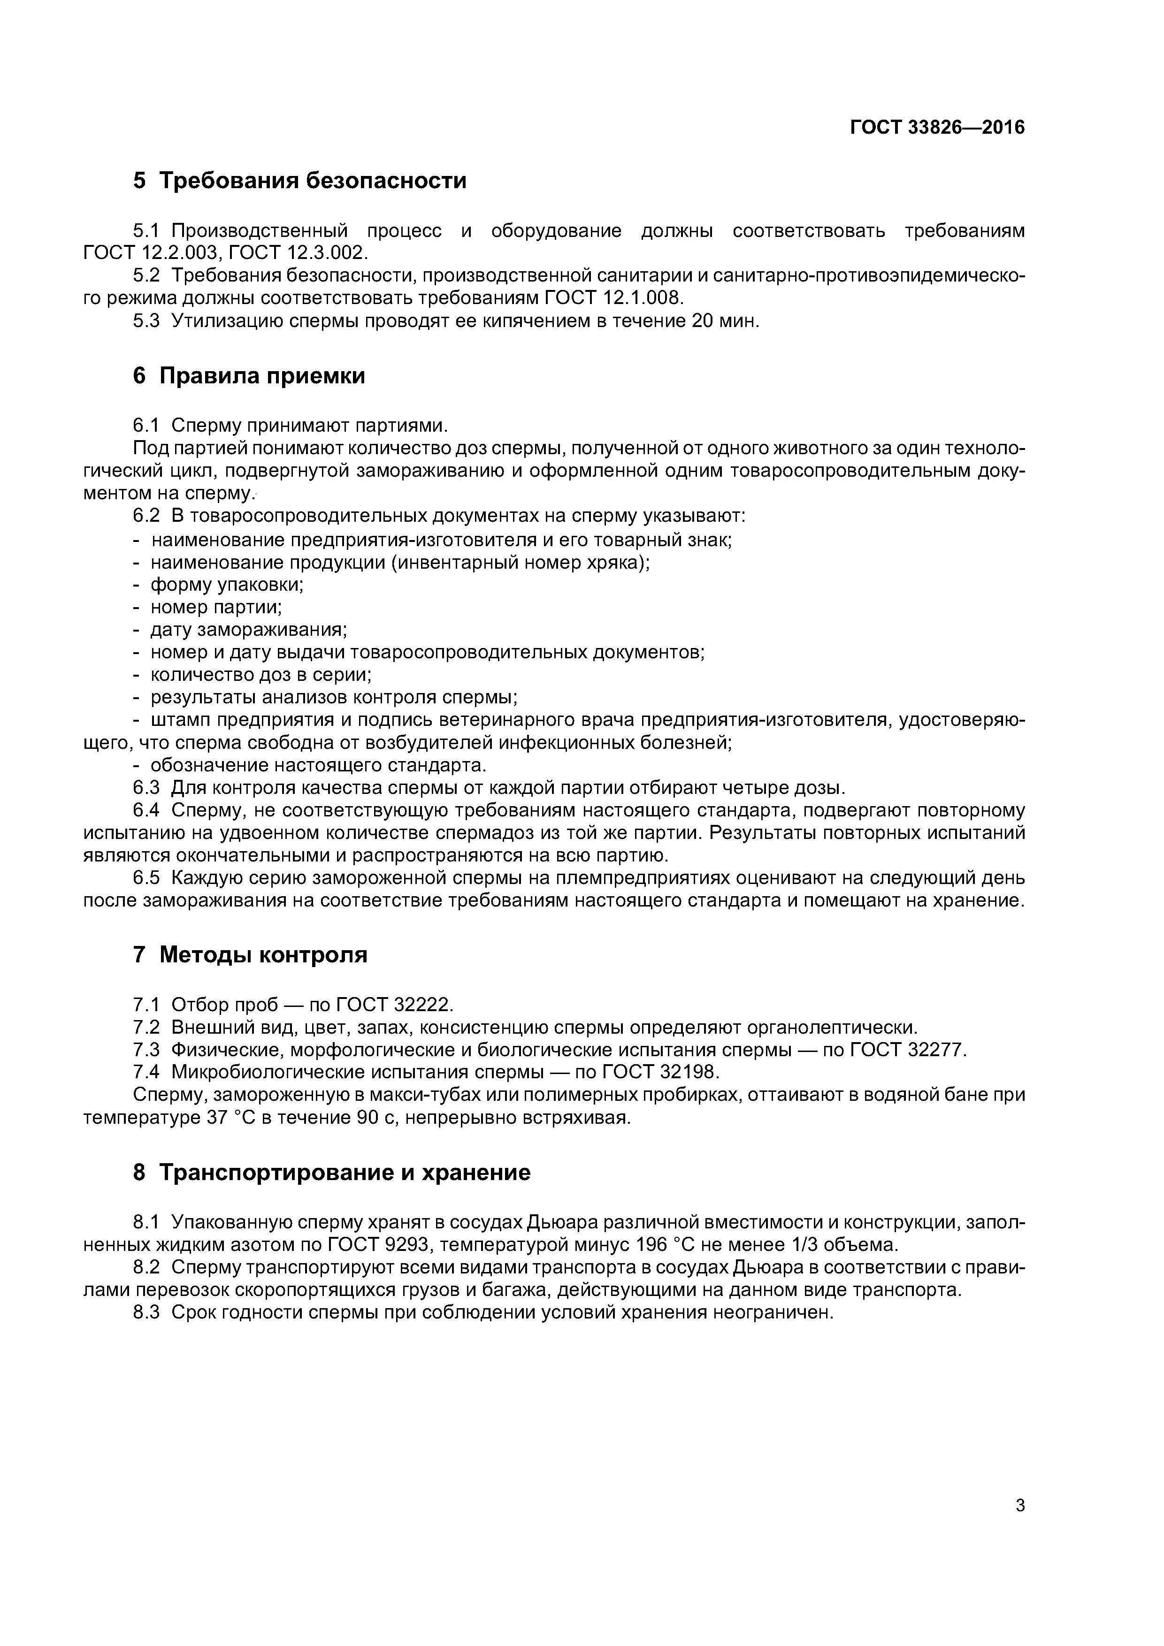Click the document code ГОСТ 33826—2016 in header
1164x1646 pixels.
tap(937, 128)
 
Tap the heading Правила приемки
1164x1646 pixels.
tap(262, 376)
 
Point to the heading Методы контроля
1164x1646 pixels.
tap(262, 954)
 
